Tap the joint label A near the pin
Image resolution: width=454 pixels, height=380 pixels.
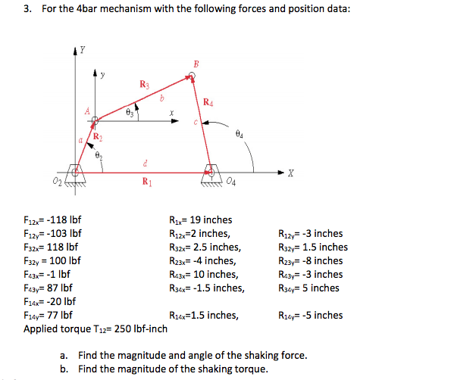tap(88, 110)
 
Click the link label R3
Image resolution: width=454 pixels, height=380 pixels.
tap(144, 85)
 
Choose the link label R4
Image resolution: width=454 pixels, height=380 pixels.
tap(208, 103)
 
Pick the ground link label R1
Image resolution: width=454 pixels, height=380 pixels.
tap(147, 182)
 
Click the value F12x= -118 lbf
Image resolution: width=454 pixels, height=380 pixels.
tap(52, 220)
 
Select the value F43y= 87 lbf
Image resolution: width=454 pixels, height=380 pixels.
tap(49, 288)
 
